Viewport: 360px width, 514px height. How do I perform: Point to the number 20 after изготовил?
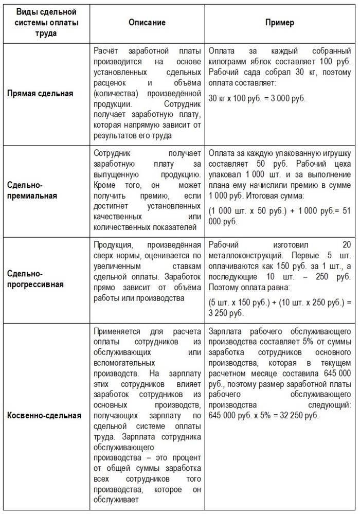point(347,244)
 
